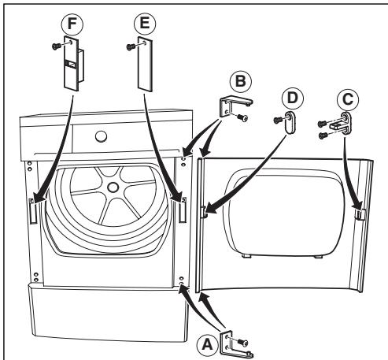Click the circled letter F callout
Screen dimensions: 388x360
tap(72, 24)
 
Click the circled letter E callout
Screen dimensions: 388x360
tap(145, 24)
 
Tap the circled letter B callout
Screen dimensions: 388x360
tap(240, 81)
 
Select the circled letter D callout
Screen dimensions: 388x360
tap(293, 98)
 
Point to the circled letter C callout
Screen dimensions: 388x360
tap(348, 99)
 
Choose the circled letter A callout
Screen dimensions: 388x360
tap(208, 344)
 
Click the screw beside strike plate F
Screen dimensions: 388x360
tap(56, 46)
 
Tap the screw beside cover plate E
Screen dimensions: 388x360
tap(131, 46)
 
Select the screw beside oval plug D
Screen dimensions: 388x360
tap(278, 121)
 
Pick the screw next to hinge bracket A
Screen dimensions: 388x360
tap(242, 343)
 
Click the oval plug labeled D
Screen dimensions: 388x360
tap(289, 122)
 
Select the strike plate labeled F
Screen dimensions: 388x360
tap(73, 64)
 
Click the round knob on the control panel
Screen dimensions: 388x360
tap(101, 136)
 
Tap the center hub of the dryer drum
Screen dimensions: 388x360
tap(113, 187)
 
